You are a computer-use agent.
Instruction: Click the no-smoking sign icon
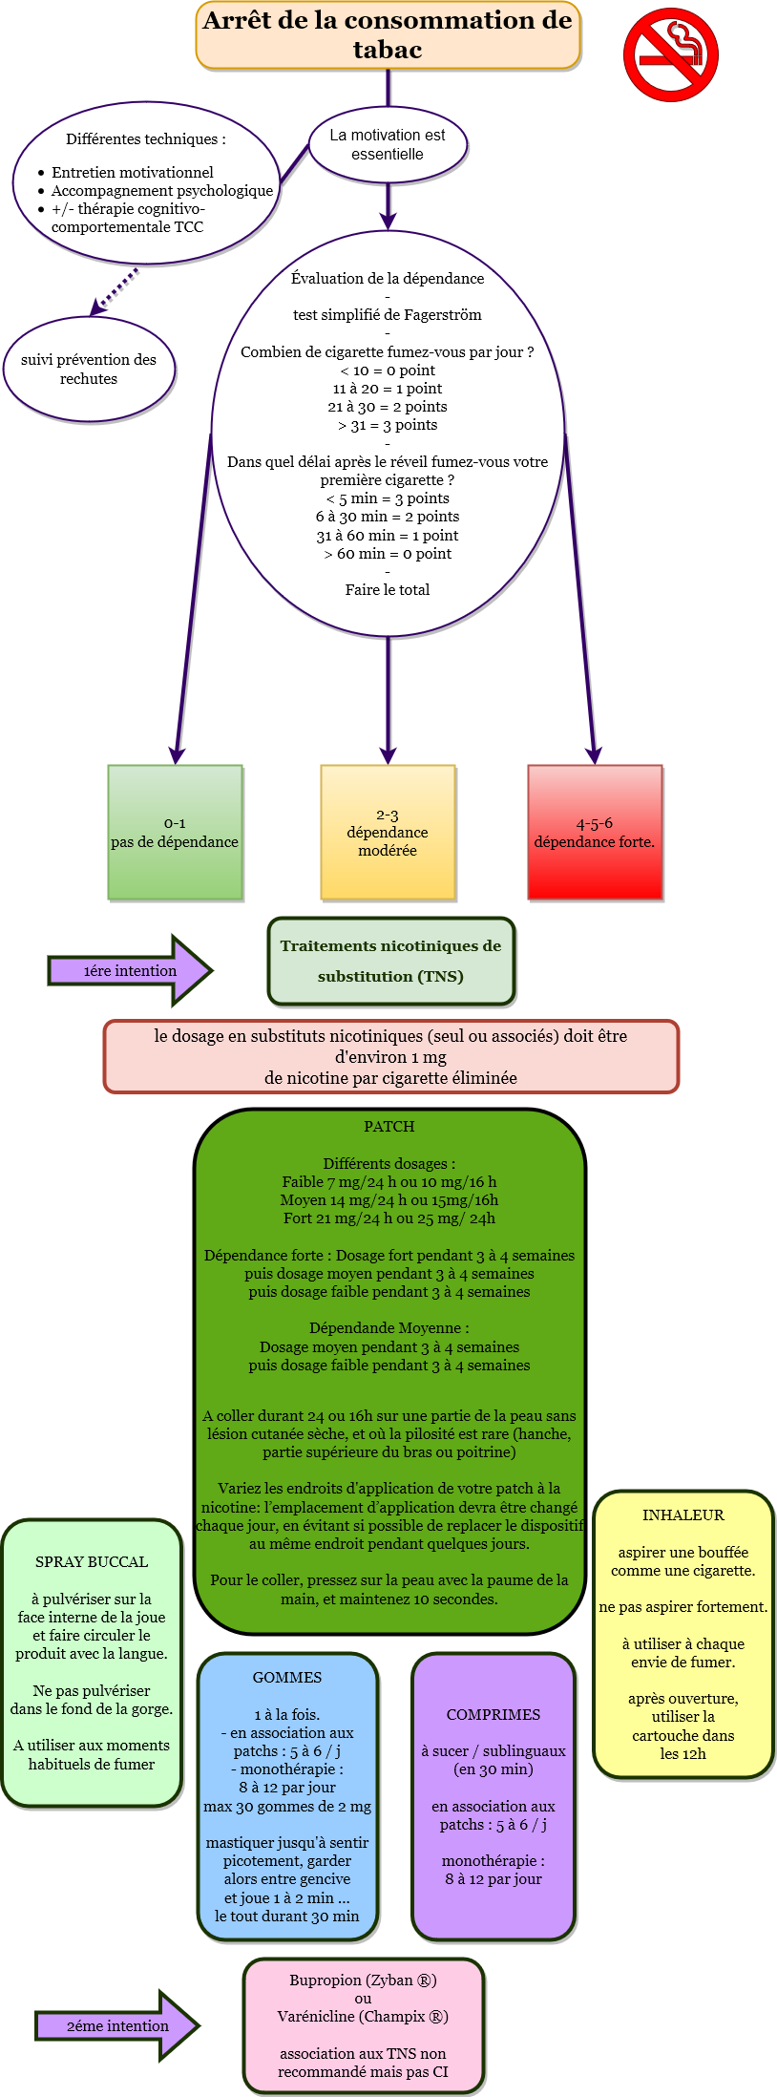[x=670, y=54]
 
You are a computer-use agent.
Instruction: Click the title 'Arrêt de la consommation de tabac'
[x=388, y=35]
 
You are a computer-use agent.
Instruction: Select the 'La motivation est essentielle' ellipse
[x=388, y=144]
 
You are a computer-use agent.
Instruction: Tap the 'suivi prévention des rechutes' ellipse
[x=89, y=370]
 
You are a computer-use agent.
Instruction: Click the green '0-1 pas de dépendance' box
[x=175, y=832]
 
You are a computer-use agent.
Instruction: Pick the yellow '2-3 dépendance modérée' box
[x=388, y=832]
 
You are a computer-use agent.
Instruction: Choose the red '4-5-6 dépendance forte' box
[x=595, y=832]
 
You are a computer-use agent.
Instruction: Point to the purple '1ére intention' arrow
[x=130, y=970]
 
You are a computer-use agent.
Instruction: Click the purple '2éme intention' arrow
[x=117, y=2025]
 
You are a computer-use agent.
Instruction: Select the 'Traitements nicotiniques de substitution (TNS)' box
[x=390, y=961]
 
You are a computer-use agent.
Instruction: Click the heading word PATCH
[x=389, y=1127]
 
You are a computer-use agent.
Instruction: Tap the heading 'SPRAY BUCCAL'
[x=92, y=1562]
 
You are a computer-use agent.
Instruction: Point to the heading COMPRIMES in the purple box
[x=493, y=1715]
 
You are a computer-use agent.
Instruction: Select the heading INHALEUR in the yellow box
[x=683, y=1515]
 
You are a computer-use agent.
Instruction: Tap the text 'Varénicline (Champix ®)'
[x=363, y=2017]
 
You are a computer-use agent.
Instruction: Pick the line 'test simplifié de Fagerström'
[x=388, y=315]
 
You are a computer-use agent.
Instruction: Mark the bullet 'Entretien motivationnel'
[x=133, y=173]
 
